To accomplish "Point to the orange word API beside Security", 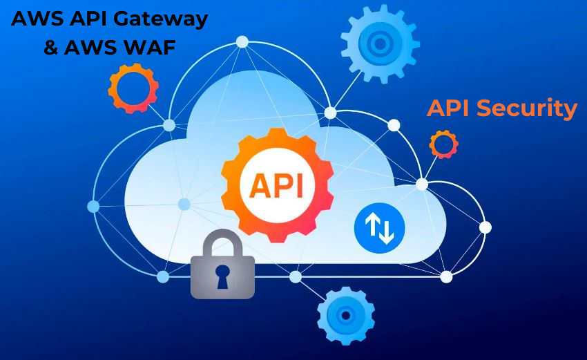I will click(x=449, y=108).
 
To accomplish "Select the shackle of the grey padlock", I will click(x=222, y=242).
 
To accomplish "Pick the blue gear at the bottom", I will click(x=345, y=315).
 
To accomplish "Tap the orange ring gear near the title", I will click(x=133, y=88).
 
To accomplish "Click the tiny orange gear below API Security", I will click(x=443, y=144).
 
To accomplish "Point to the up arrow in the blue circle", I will click(x=372, y=226).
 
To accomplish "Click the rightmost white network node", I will click(x=485, y=227).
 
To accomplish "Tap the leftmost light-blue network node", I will click(x=93, y=206).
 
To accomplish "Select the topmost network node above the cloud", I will click(x=242, y=41).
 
